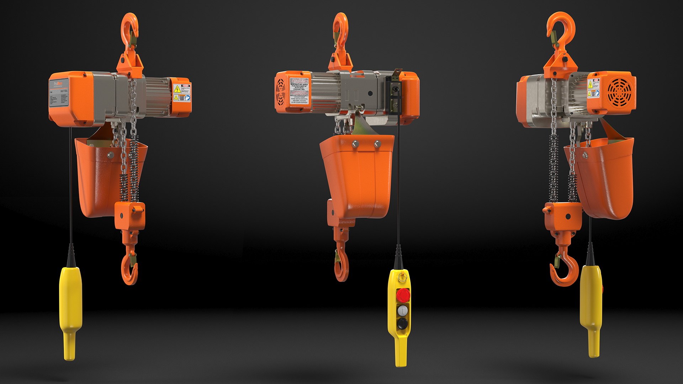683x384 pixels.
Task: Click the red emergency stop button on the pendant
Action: tap(403, 295)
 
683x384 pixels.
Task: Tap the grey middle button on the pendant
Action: tap(403, 311)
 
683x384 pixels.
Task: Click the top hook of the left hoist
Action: tap(129, 28)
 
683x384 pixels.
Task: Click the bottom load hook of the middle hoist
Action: tap(341, 267)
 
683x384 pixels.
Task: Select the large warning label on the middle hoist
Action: tap(300, 92)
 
